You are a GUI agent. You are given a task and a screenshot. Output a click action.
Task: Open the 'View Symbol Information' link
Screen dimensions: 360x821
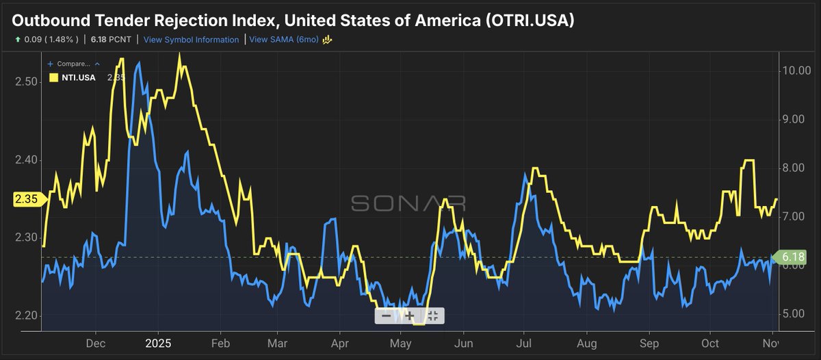click(191, 40)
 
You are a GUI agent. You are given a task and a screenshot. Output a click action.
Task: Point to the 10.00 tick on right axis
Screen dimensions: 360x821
click(796, 70)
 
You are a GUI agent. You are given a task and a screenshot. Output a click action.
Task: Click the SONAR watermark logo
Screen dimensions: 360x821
click(408, 203)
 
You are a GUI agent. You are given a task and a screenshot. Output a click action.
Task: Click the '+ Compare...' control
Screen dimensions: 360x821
click(73, 64)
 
